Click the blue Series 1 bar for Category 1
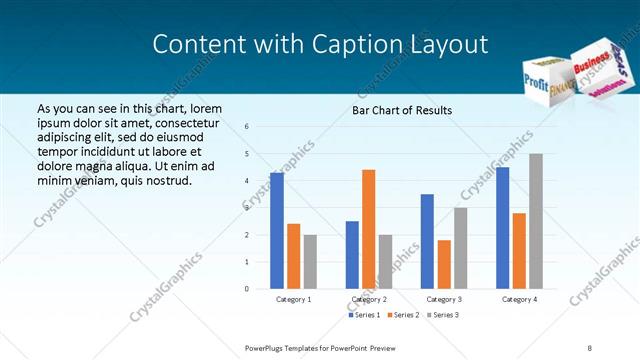277,231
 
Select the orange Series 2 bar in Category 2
369,229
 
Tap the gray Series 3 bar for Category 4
536,221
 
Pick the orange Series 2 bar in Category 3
444,264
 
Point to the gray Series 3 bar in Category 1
310,261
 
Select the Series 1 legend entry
364,315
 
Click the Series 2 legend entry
403,315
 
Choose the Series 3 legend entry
443,315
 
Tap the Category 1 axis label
293,299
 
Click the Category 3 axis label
443,299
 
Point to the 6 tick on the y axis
247,127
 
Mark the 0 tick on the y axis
247,289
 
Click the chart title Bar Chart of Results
402,110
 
